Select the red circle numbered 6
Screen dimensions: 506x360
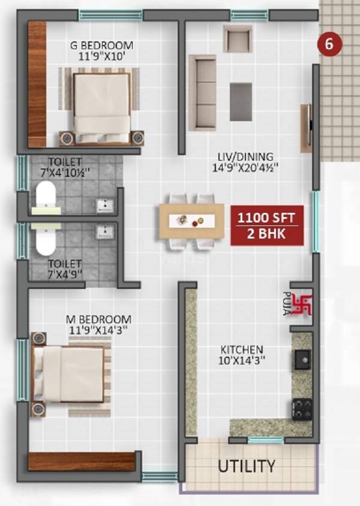tap(329, 43)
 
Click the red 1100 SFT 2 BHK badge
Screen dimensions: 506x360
tap(268, 225)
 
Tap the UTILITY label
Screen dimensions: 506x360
tap(246, 466)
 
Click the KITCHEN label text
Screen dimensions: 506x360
tap(241, 350)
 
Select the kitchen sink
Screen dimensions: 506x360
tap(302, 360)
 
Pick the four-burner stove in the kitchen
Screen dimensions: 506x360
tap(302, 409)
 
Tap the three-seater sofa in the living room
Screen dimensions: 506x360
tap(202, 92)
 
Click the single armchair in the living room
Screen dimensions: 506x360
tap(238, 39)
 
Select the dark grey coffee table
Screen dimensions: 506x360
tap(241, 102)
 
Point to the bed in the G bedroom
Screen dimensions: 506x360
tap(101, 105)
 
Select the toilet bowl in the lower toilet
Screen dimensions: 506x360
tap(46, 239)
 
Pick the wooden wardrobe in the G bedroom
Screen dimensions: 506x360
tap(37, 84)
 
